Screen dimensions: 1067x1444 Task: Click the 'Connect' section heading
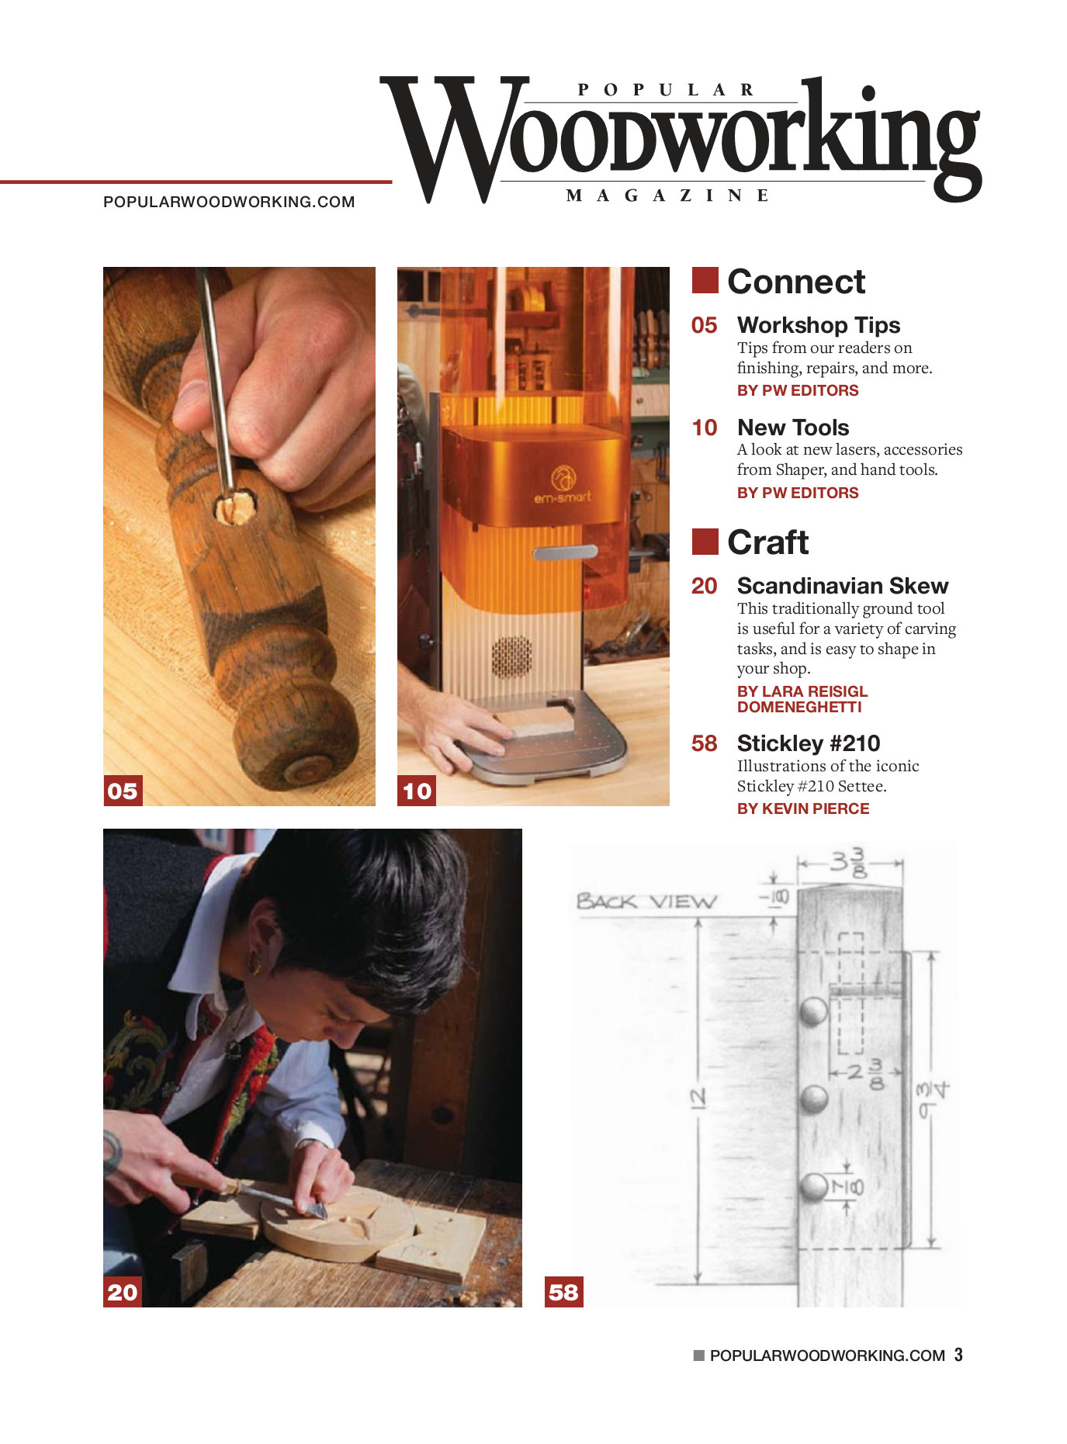click(795, 282)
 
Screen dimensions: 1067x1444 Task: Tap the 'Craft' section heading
click(767, 542)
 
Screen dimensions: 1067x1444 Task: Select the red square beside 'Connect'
click(705, 280)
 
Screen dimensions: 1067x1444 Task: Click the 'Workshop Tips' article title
click(819, 325)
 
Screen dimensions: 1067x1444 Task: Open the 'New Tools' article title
click(793, 428)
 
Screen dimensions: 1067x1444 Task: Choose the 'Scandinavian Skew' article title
click(843, 586)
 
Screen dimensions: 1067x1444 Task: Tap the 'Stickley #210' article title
click(809, 743)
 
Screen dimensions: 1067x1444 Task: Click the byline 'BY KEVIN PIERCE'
click(803, 809)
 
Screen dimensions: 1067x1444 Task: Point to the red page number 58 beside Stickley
click(705, 743)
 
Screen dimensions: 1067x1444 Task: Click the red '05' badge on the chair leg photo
click(123, 791)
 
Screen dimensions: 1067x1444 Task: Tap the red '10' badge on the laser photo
click(417, 791)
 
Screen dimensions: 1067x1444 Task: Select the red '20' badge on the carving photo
click(123, 1292)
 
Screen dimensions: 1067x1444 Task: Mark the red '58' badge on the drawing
click(564, 1292)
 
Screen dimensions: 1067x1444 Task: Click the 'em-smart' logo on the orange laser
click(563, 486)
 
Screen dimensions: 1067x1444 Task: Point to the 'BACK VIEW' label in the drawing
click(646, 902)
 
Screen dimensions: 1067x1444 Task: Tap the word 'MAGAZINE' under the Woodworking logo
click(668, 196)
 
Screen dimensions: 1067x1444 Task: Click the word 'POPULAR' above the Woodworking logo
click(667, 90)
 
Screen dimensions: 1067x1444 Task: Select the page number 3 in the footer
click(959, 1355)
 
